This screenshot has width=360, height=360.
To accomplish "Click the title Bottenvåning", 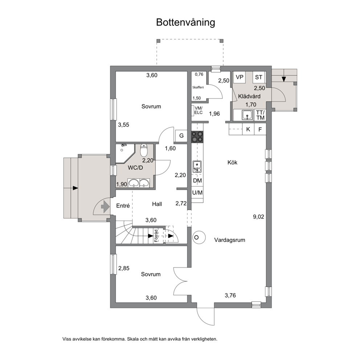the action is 185,22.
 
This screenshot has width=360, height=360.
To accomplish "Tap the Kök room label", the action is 232,163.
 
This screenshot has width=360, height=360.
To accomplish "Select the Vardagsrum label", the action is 230,240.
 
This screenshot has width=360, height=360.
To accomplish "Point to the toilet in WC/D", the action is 144,150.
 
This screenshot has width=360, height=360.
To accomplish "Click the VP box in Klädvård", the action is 240,77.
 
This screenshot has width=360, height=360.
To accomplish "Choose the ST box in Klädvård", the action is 259,77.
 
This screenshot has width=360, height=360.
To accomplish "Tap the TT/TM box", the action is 260,115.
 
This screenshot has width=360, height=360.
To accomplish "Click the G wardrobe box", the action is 181,136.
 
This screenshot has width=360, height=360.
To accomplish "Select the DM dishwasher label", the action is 197,181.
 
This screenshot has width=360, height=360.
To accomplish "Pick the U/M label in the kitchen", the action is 197,193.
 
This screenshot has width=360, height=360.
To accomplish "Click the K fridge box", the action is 248,129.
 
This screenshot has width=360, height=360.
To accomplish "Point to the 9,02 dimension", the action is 258,217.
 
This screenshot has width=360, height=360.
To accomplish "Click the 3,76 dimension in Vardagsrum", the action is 230,295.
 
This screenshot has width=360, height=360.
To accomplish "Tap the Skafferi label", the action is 198,87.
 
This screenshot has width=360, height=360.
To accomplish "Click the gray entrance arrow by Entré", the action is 105,206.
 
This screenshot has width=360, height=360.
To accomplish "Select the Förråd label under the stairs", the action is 156,236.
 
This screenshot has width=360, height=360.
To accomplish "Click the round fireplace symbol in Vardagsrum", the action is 198,237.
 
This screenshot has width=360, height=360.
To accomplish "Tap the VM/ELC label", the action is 199,110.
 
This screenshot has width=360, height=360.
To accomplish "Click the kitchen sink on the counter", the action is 197,167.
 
